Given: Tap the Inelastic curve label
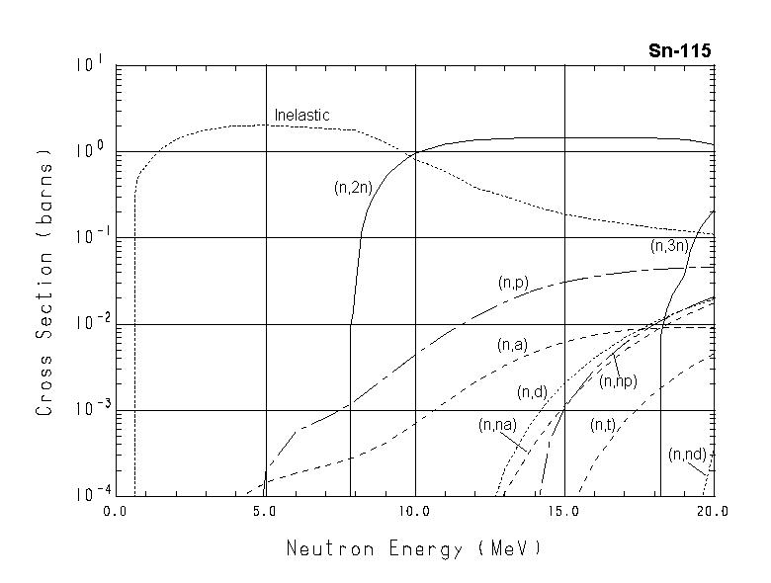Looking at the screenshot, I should click(301, 116).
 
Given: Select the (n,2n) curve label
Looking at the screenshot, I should click(352, 186).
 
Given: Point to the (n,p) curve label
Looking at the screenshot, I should click(513, 283).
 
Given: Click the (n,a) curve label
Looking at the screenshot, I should click(511, 345).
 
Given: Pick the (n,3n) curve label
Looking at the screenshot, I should click(668, 246).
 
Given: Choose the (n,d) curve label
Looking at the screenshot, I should click(532, 393).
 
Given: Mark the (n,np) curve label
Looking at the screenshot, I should click(618, 381).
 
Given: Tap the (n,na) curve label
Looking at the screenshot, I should click(496, 425).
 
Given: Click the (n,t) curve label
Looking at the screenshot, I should click(603, 425).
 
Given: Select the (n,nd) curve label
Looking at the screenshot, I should click(687, 455).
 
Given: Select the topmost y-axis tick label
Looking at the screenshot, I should click(90, 65).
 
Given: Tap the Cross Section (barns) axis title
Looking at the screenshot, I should click(44, 281).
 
